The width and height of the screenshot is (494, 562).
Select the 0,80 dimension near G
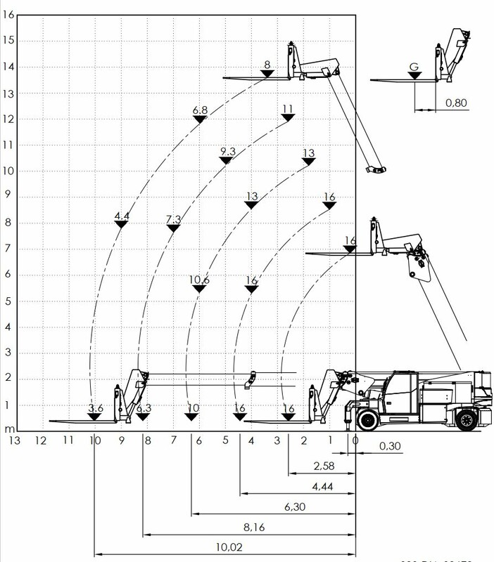point(457,104)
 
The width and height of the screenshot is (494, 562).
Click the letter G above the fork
point(414,67)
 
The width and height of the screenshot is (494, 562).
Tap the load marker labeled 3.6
point(95,413)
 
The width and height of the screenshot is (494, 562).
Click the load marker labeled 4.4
point(121,220)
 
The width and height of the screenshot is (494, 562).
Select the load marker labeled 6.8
point(200,115)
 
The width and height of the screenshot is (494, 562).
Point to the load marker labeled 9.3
point(227,156)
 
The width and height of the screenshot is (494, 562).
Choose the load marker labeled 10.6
point(199,285)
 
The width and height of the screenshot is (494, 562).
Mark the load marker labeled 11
point(287,112)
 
